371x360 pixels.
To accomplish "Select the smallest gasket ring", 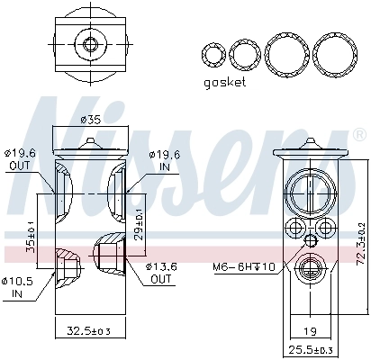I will (x=213, y=56).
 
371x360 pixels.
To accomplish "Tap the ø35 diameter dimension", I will (x=89, y=120).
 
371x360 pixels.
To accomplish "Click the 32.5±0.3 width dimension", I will (x=88, y=333).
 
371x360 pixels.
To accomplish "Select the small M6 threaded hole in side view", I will (x=311, y=239).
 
